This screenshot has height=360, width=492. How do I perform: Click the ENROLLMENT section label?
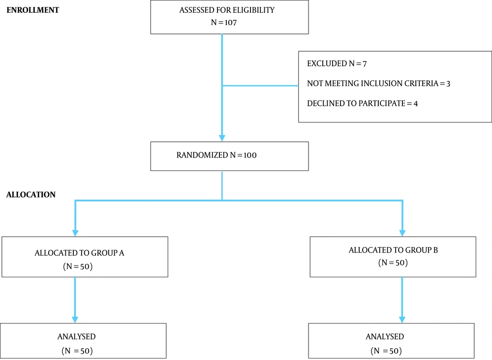tap(32, 10)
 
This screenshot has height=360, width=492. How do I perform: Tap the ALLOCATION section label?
tap(31, 195)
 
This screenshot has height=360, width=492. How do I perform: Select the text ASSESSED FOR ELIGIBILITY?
tap(227, 10)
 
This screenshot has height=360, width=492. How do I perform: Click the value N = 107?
tap(224, 22)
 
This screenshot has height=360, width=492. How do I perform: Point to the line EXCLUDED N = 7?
tap(337, 64)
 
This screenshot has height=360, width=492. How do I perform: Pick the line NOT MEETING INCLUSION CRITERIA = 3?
tap(378, 83)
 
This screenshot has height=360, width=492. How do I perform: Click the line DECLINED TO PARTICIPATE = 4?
tap(362, 103)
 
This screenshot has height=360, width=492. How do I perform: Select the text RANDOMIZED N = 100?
tap(216, 155)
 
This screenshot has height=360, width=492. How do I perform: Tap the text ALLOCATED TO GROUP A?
tap(79, 253)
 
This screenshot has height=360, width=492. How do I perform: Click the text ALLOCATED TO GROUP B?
tap(393, 250)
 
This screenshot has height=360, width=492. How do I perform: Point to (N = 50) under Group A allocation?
tap(78, 266)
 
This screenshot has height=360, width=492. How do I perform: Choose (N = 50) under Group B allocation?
tap(393, 262)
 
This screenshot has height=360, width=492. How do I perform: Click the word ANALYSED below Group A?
tap(76, 336)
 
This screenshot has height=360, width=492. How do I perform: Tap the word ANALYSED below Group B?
tap(385, 336)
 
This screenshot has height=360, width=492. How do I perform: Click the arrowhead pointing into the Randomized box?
tap(222, 138)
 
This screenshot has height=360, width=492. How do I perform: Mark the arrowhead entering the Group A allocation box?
tap(75, 233)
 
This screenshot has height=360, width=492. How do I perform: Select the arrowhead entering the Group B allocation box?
tap(402, 233)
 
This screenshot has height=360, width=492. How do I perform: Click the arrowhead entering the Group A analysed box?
tap(75, 320)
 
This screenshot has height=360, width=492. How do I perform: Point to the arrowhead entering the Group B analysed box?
tap(402, 320)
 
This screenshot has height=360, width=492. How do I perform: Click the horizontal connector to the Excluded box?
tap(260, 86)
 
